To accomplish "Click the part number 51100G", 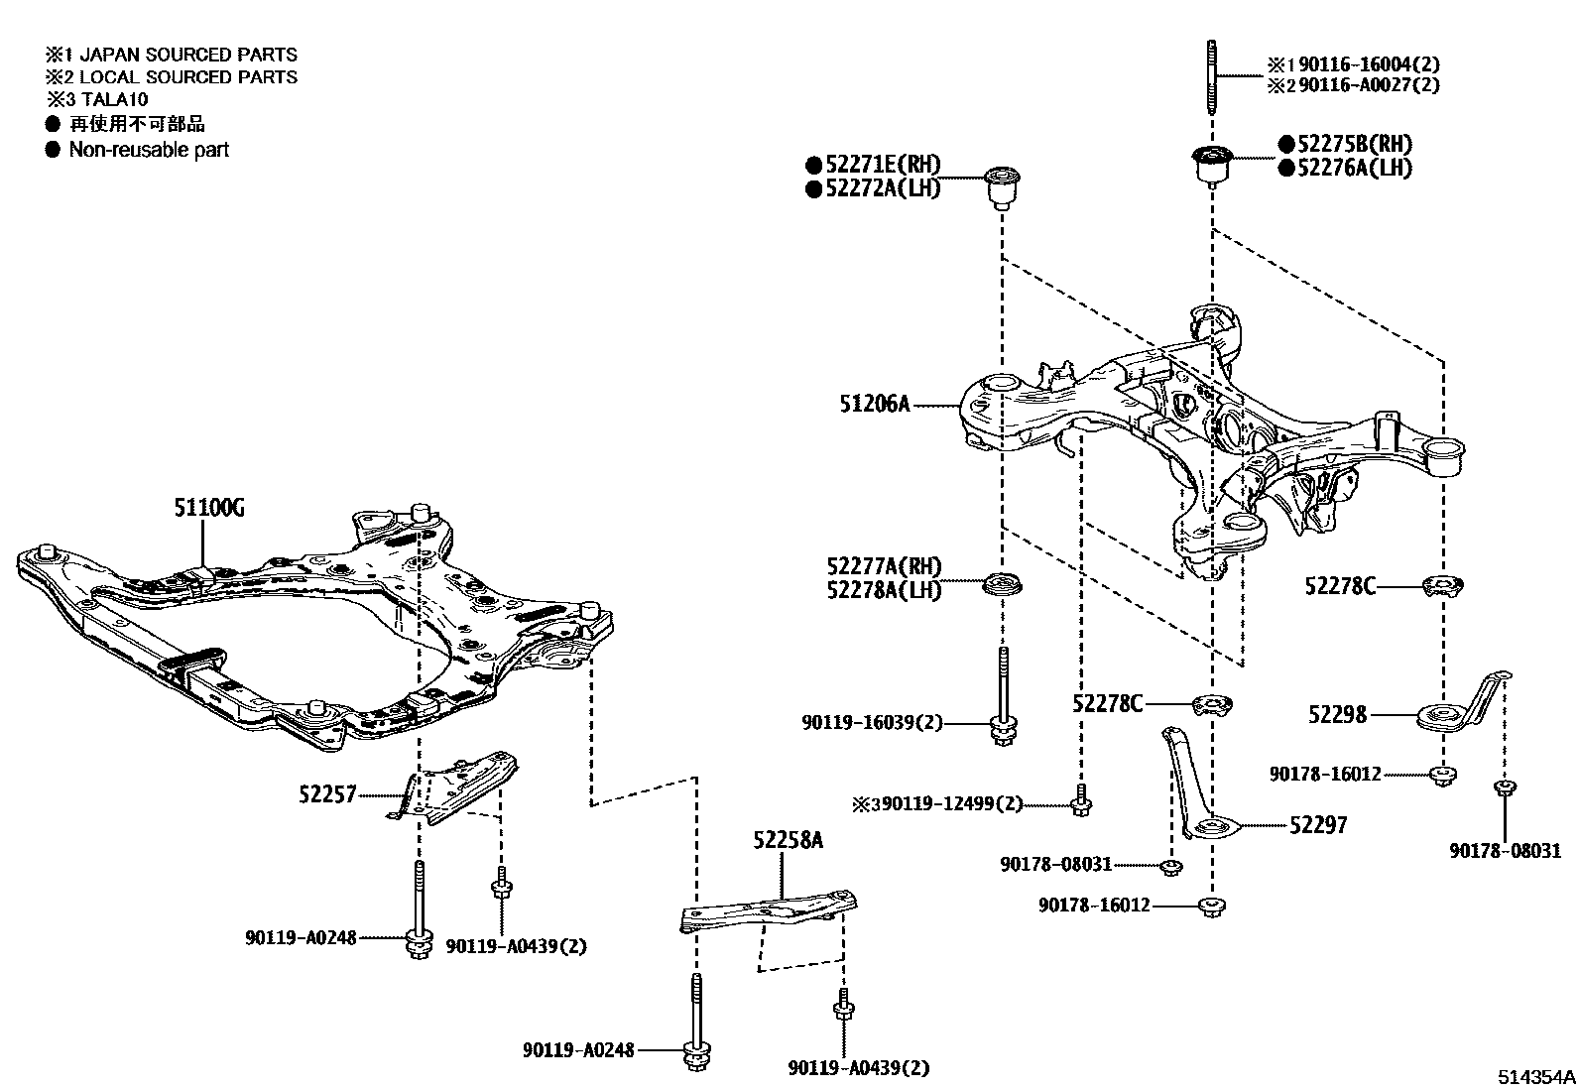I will (209, 509).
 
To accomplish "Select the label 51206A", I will (875, 404).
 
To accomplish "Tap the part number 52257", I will (327, 793).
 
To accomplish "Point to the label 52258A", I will (788, 840).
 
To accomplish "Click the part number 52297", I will (1318, 825).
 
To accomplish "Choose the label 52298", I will (1337, 714).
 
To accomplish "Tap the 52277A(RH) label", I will (884, 566).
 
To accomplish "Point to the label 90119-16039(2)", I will (873, 724).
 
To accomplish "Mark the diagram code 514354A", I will (1535, 1077).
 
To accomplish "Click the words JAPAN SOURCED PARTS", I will (187, 55).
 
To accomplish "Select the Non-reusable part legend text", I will (149, 150).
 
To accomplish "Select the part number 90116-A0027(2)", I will (1369, 85).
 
